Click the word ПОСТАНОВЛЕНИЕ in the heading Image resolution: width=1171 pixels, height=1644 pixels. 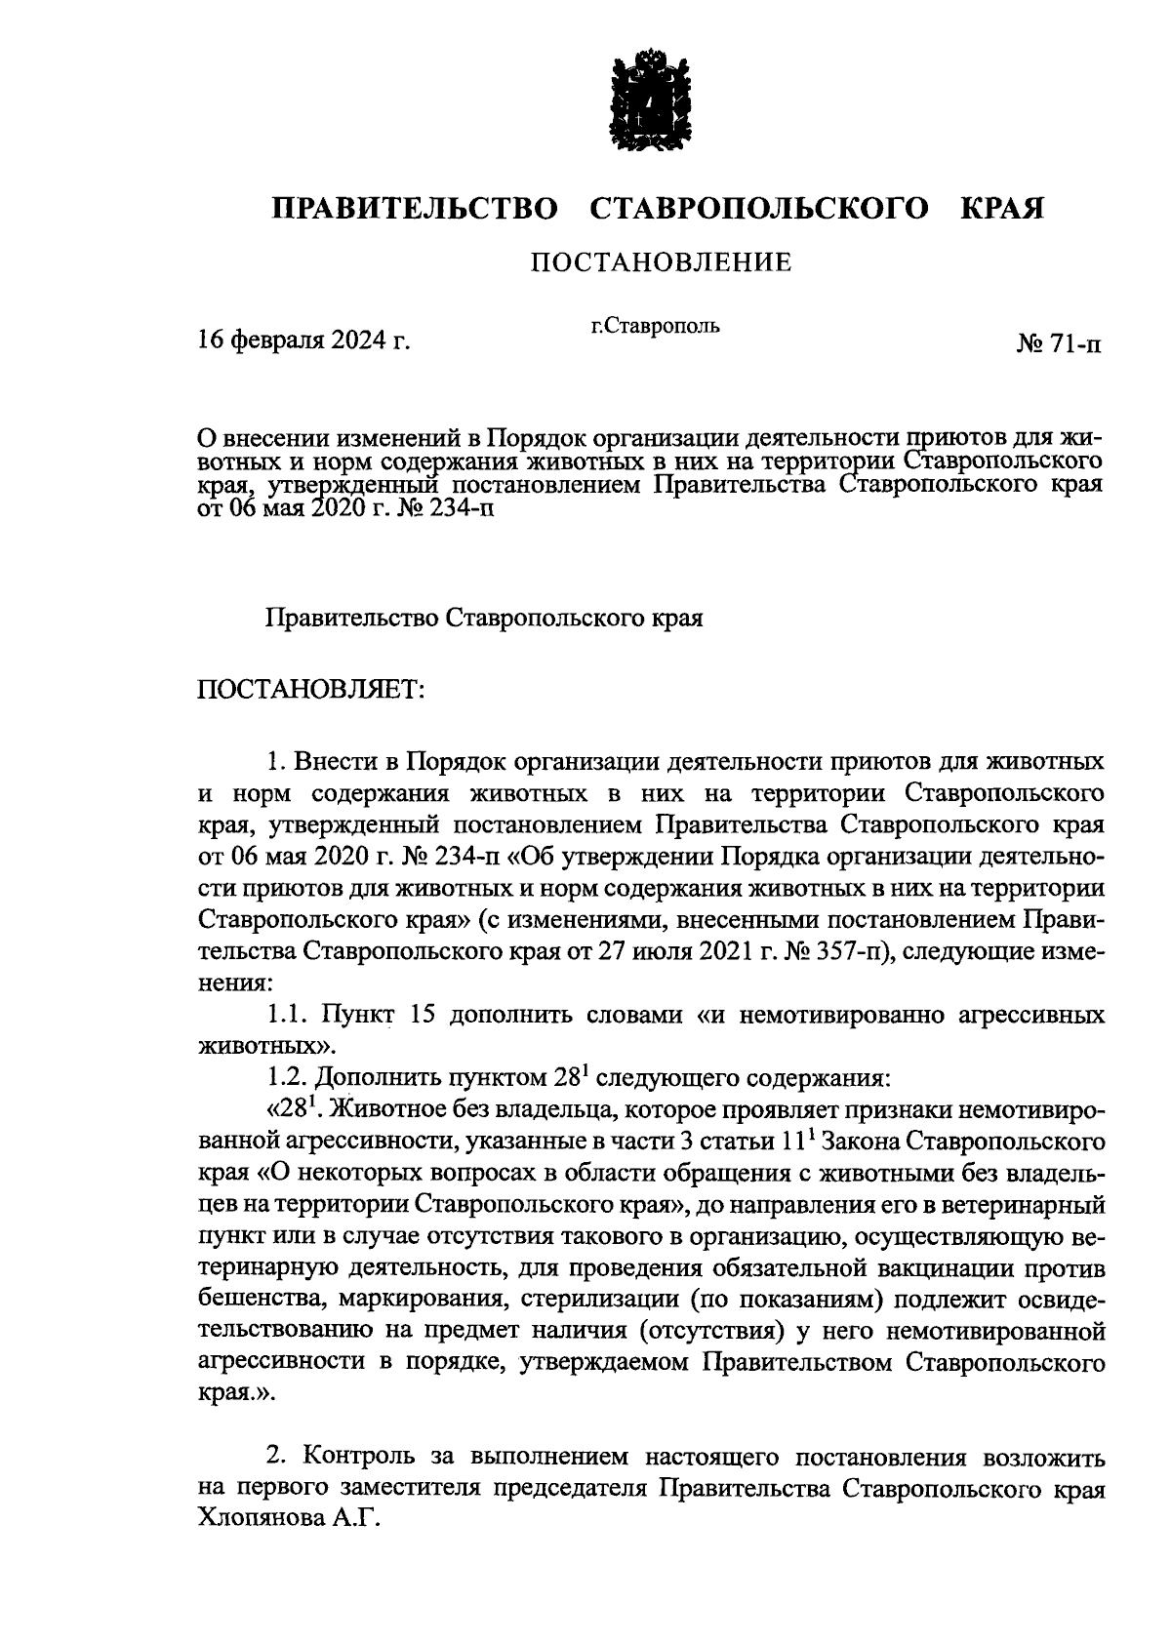pyautogui.click(x=660, y=261)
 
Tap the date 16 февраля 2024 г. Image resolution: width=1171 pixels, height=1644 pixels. pyautogui.click(x=303, y=341)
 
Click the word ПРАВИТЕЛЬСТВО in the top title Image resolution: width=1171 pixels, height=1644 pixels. pyautogui.click(x=415, y=209)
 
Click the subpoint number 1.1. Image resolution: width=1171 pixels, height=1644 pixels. pyautogui.click(x=287, y=1015)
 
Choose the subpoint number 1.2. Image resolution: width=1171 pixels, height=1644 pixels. pyautogui.click(x=287, y=1078)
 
